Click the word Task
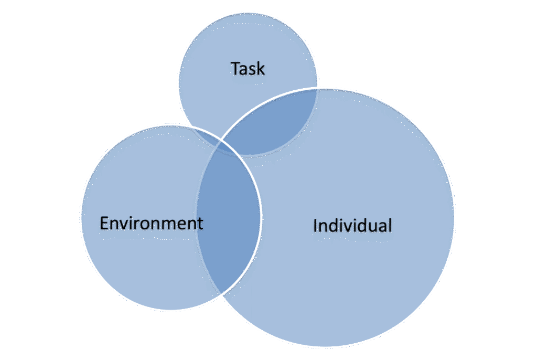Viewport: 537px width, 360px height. coord(248,69)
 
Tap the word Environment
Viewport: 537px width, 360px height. coord(151,224)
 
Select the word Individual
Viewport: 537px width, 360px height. coord(352,226)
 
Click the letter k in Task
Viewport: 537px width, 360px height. coord(261,69)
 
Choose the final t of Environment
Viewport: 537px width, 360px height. coord(200,224)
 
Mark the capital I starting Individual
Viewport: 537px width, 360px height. coord(315,226)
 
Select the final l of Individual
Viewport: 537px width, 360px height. coord(390,226)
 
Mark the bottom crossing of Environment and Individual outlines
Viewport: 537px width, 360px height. coord(222,294)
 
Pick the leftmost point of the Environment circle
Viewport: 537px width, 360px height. coord(81,217)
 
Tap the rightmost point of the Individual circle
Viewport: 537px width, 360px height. coord(454,218)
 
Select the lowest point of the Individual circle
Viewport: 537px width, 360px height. coord(325,347)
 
